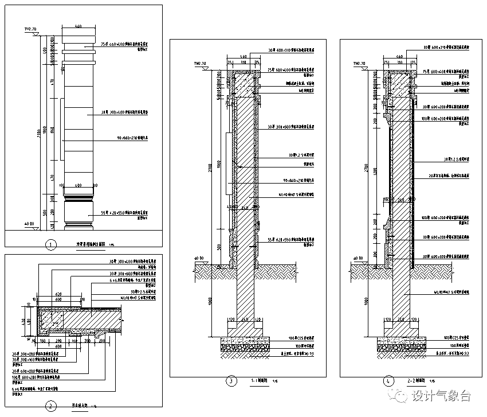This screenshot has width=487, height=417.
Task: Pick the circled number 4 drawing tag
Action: pos(389,380)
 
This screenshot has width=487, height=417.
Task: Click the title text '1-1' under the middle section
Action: pos(256,380)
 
